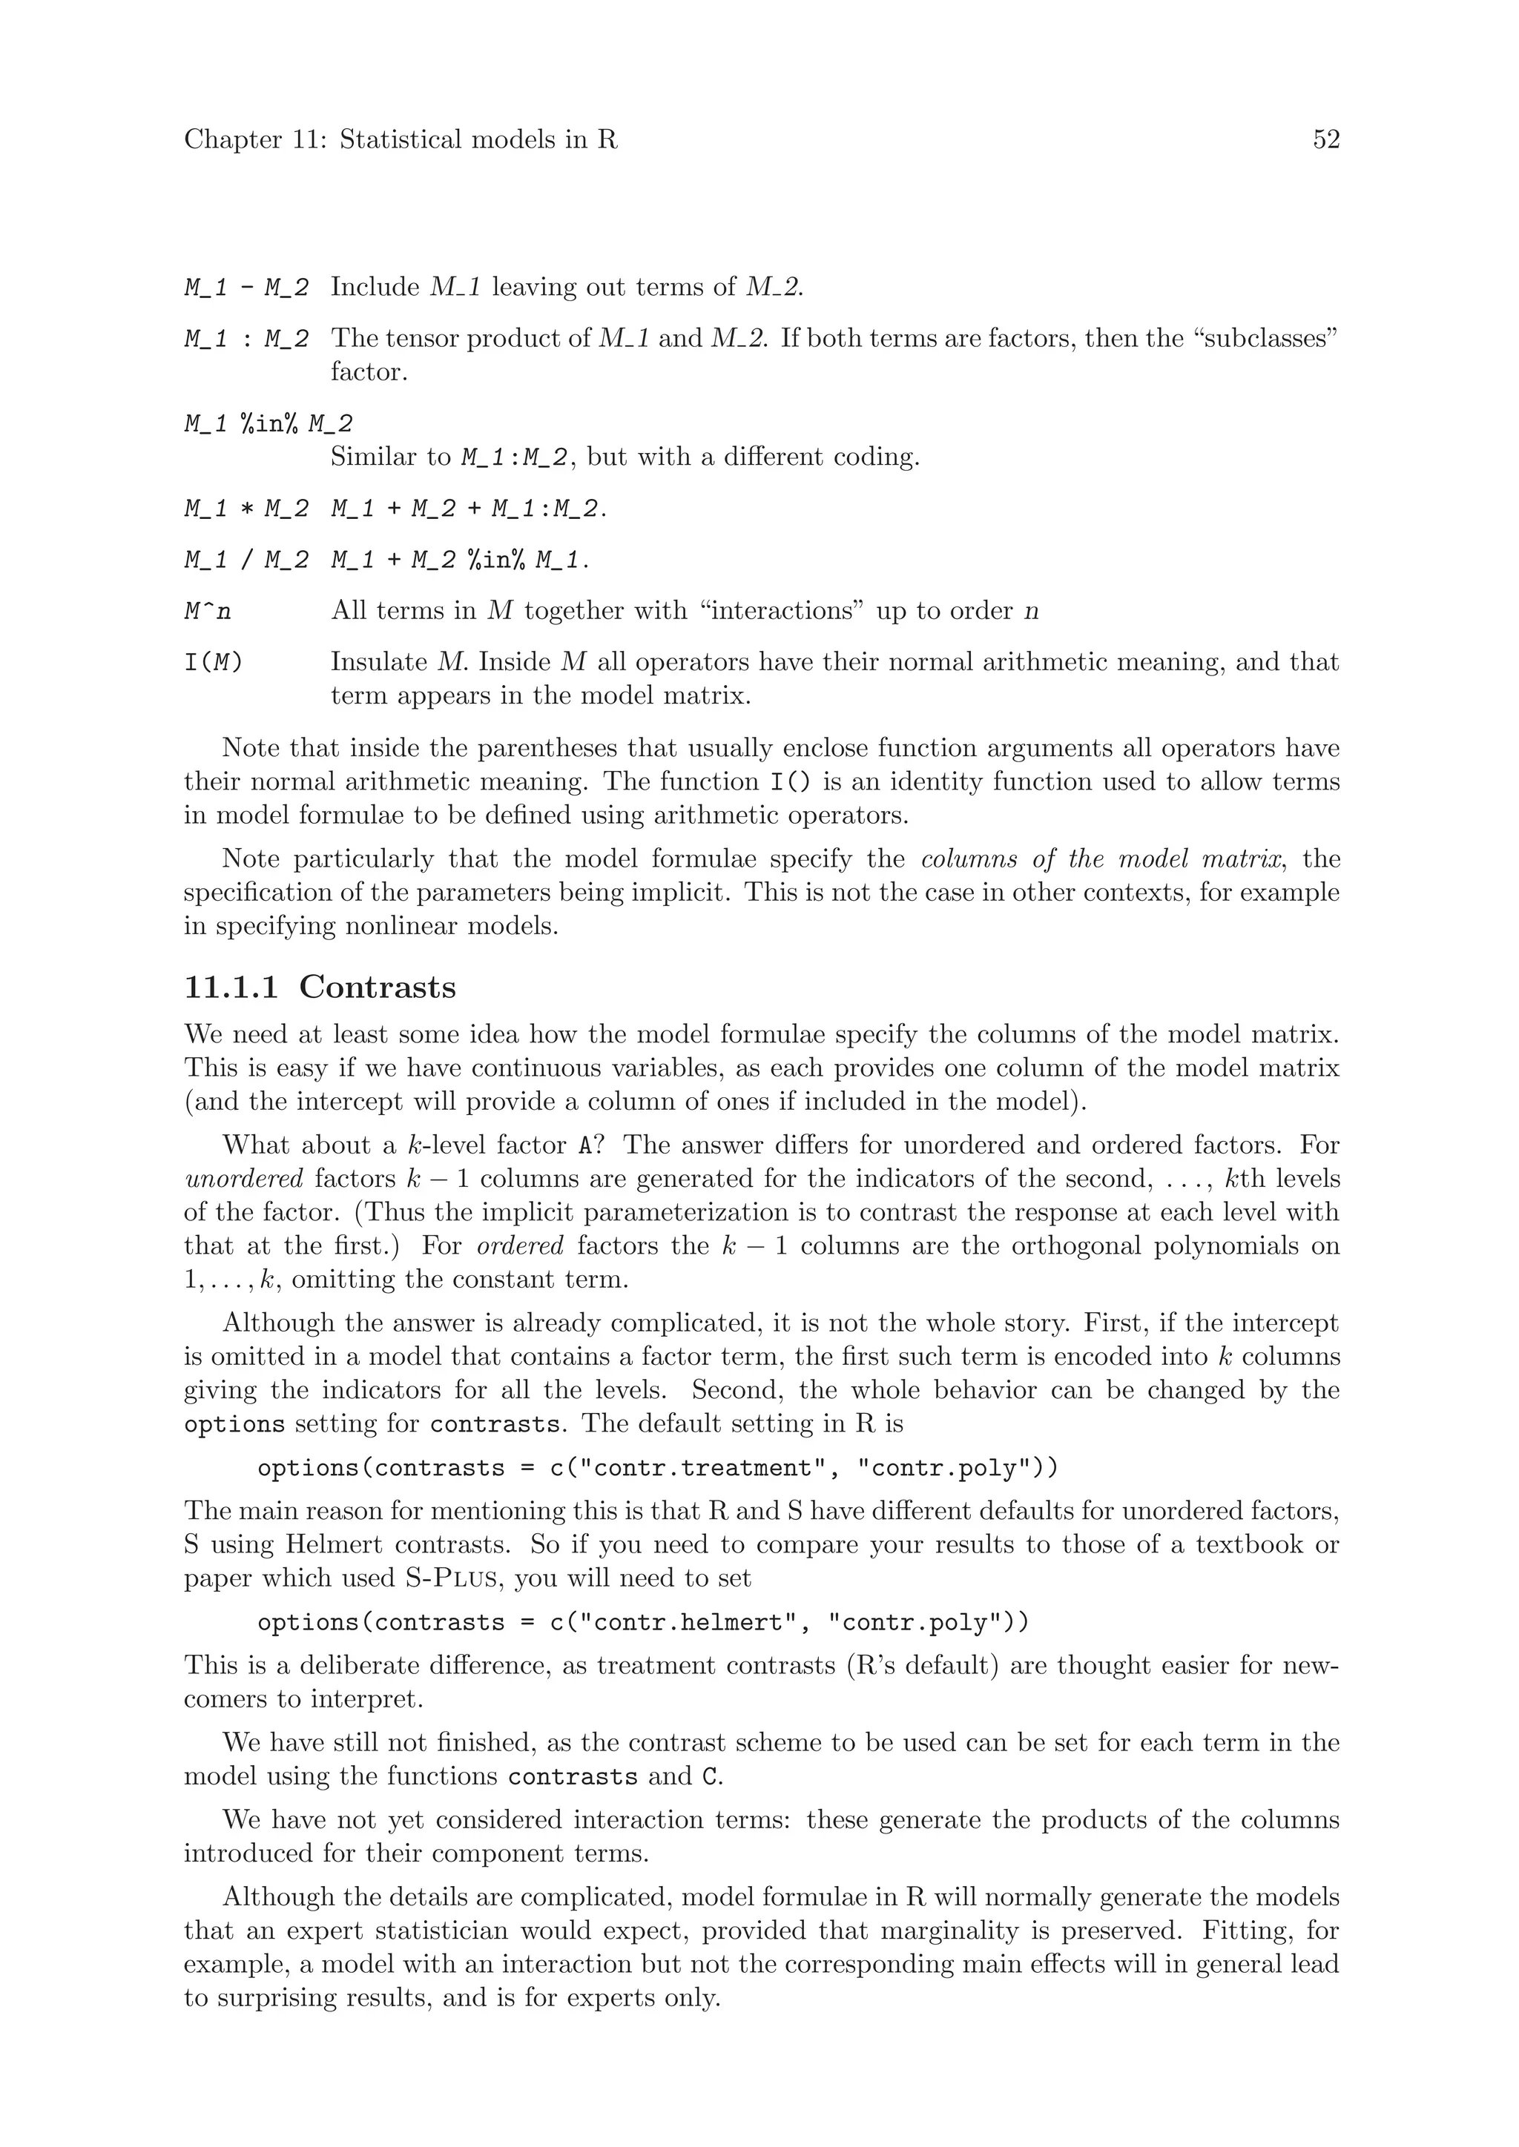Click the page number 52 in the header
pos(1325,140)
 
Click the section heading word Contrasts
pos(377,988)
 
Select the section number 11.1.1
pos(231,988)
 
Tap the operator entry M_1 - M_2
pos(246,288)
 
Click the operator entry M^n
pos(208,612)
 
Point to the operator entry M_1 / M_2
pos(246,561)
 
